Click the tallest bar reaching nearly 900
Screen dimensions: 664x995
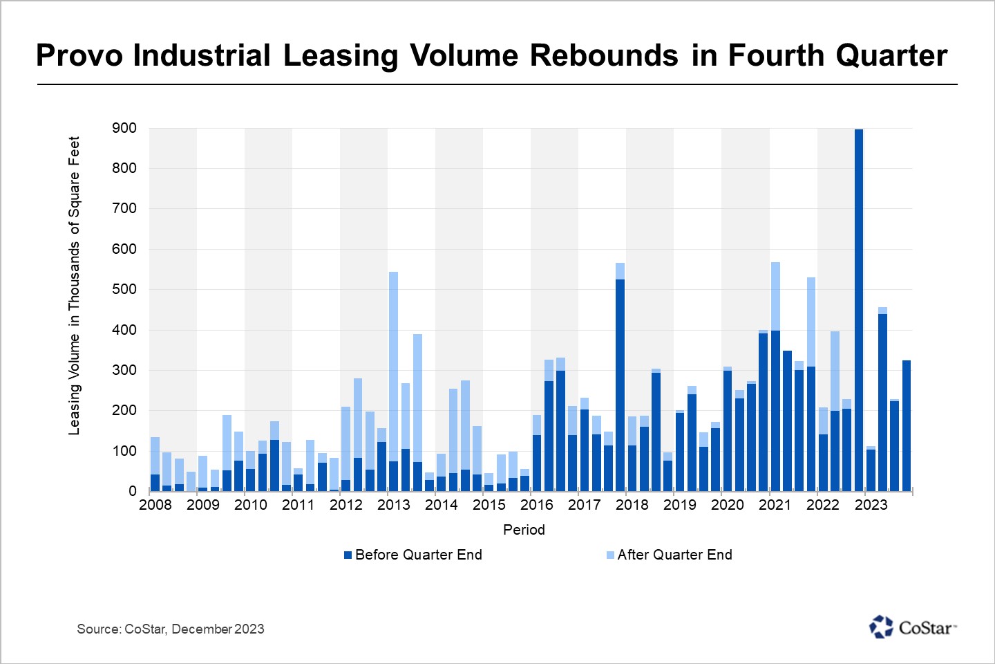click(x=859, y=311)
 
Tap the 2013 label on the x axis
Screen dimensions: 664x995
click(x=394, y=505)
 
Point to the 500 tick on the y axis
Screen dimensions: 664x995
click(x=124, y=289)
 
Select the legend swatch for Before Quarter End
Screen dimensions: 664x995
click(x=348, y=555)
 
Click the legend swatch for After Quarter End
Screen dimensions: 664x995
click(x=610, y=555)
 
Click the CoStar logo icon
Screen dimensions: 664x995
click(x=881, y=627)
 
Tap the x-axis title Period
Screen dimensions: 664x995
click(x=524, y=530)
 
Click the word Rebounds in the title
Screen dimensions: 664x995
click(x=604, y=55)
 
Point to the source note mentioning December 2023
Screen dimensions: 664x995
click(x=170, y=629)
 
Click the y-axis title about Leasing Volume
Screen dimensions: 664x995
click(x=74, y=286)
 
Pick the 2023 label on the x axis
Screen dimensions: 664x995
click(x=871, y=505)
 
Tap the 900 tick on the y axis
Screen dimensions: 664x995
click(x=124, y=128)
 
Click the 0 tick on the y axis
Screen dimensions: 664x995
click(x=133, y=491)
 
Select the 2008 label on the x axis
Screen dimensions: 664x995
click(x=155, y=505)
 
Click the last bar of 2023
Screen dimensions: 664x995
click(x=907, y=425)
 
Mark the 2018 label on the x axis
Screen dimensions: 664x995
click(x=632, y=505)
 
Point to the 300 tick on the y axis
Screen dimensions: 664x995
click(x=124, y=370)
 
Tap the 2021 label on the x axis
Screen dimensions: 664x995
click(x=775, y=505)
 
